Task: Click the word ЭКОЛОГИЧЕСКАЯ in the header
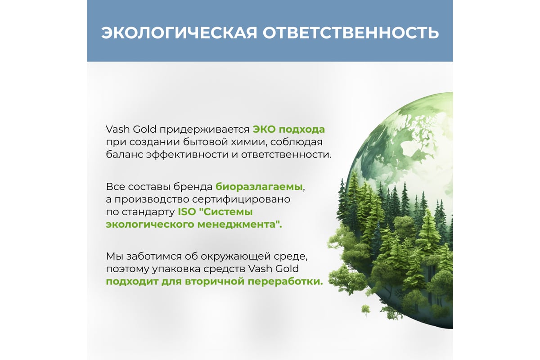(x=180, y=33)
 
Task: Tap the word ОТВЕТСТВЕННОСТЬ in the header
(x=351, y=33)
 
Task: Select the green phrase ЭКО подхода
(x=288, y=130)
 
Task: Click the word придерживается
(x=204, y=130)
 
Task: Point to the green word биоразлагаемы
(x=259, y=187)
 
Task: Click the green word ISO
(x=187, y=212)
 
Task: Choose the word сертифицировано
(x=241, y=200)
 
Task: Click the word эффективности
(x=187, y=154)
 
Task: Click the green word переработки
(x=285, y=282)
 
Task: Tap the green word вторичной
(x=215, y=282)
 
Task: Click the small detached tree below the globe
(x=365, y=310)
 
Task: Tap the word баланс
(x=124, y=154)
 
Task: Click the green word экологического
(x=150, y=225)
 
